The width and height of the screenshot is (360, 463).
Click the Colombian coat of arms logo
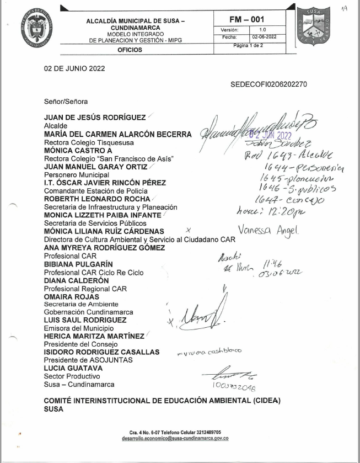[38, 28]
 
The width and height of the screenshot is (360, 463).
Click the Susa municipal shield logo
[314, 26]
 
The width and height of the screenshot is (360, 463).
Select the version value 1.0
[262, 29]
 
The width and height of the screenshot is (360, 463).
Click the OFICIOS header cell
[130, 50]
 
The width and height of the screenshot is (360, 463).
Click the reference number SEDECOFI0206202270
[268, 84]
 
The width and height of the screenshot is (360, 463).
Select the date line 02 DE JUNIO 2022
[74, 69]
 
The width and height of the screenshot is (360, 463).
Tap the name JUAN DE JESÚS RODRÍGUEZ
[95, 118]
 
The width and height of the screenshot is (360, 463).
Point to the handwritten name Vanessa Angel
[268, 231]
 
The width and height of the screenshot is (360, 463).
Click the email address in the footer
[175, 438]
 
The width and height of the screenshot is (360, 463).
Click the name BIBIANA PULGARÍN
[78, 264]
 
